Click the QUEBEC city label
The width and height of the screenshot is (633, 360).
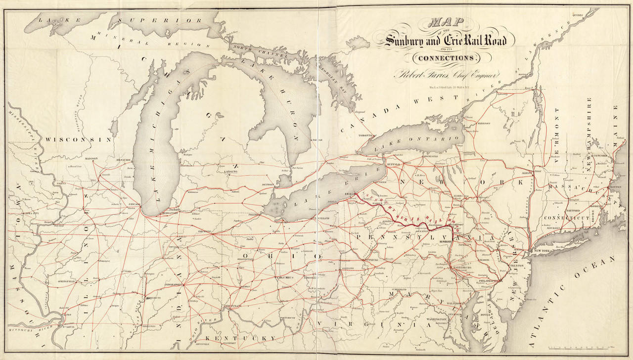(578, 15)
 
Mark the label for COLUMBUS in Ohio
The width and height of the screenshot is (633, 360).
(285, 277)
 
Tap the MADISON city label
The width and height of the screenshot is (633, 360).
(91, 159)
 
